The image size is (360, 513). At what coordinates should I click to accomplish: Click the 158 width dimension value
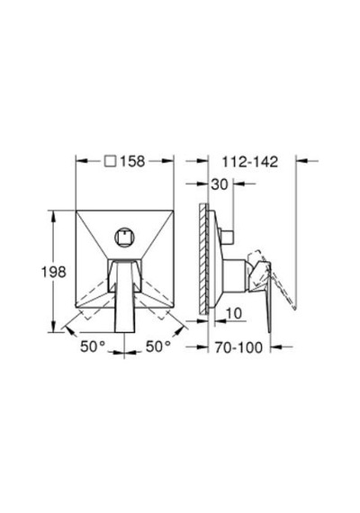(x=132, y=161)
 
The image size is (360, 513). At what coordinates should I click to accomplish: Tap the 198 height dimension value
(x=53, y=272)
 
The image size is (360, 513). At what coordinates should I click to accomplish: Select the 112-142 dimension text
(x=250, y=162)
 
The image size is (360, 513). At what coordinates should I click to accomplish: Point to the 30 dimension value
(x=220, y=184)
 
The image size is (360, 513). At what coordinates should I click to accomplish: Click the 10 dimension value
(x=234, y=313)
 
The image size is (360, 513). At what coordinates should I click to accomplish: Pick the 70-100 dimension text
(x=238, y=347)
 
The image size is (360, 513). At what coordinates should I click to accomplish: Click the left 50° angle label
(x=93, y=346)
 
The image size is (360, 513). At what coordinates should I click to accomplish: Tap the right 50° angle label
(x=158, y=346)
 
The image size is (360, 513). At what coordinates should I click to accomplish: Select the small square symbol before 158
(x=111, y=161)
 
